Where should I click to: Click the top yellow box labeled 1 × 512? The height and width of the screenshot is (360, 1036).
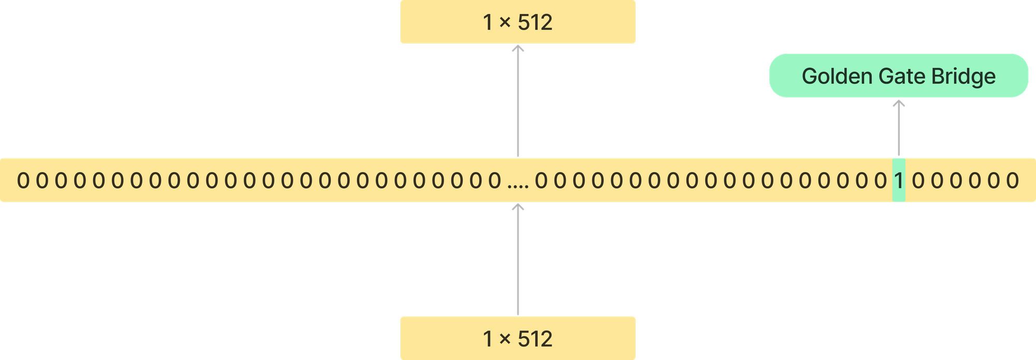[517, 22]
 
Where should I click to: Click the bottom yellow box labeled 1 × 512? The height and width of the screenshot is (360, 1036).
[517, 338]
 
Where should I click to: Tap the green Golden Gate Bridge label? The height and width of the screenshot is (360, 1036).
[898, 76]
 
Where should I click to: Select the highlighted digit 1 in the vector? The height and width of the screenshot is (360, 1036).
[898, 180]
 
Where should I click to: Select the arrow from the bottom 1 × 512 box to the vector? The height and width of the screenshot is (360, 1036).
[517, 259]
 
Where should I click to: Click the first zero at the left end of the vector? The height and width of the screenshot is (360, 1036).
[23, 180]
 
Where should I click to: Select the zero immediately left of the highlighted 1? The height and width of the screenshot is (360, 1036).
[881, 180]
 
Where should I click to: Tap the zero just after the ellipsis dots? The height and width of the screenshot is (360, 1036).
[541, 180]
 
